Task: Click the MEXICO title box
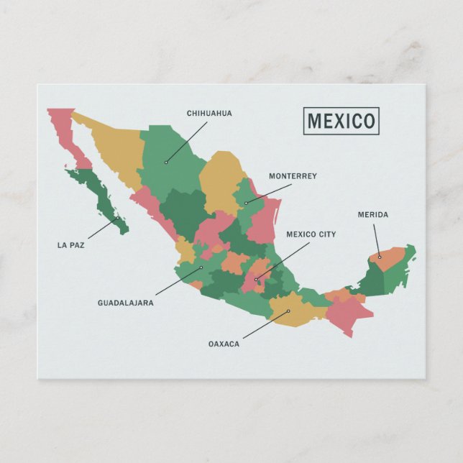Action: click(x=341, y=121)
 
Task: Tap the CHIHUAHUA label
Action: click(x=209, y=114)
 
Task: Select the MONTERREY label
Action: click(x=293, y=176)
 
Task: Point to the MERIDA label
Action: click(x=373, y=215)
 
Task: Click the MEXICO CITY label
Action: click(x=311, y=234)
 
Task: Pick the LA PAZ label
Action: click(x=71, y=245)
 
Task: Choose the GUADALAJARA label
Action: click(x=126, y=303)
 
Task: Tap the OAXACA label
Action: click(x=224, y=344)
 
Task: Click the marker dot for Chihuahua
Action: click(x=166, y=162)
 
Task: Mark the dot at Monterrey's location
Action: click(x=246, y=203)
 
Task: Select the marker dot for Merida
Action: click(x=380, y=257)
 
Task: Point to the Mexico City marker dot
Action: click(x=256, y=280)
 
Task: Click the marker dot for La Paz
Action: click(x=117, y=218)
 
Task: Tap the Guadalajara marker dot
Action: click(x=202, y=267)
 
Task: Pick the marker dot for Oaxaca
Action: click(x=288, y=311)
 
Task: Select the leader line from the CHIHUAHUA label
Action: click(x=187, y=142)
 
